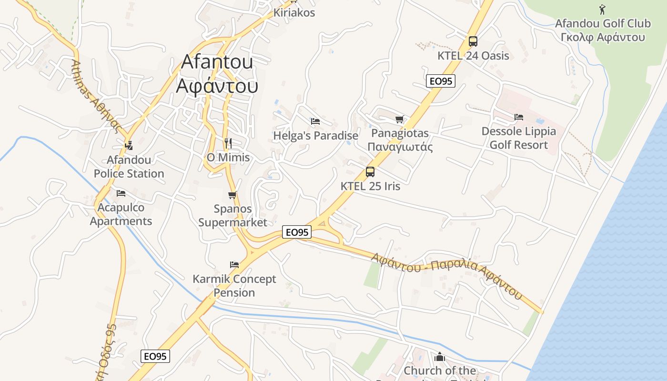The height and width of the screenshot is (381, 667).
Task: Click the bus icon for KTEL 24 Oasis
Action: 473,41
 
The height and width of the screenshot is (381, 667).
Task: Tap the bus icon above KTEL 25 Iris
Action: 370,172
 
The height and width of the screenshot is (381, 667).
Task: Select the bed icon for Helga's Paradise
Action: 315,121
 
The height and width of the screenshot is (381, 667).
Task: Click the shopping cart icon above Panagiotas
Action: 399,119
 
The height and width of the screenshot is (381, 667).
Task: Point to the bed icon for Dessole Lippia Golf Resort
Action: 519,117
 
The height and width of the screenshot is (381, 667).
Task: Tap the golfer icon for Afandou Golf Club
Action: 602,9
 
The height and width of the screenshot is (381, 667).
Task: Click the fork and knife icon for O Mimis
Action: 228,143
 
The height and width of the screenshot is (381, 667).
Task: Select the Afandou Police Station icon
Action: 128,145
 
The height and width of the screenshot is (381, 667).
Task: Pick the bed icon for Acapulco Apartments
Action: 121,193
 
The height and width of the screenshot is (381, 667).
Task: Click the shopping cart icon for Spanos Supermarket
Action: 232,195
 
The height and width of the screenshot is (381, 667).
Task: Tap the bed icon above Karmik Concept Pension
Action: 234,265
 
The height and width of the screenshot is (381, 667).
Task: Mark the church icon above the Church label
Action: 439,357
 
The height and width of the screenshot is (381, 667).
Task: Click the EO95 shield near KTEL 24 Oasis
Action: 441,81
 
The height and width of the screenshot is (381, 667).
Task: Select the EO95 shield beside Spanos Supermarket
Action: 297,232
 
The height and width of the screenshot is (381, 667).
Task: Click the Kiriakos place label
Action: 294,13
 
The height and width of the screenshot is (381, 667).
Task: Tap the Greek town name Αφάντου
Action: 217,86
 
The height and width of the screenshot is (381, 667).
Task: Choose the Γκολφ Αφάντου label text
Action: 603,37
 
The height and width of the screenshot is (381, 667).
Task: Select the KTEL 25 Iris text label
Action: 370,186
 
